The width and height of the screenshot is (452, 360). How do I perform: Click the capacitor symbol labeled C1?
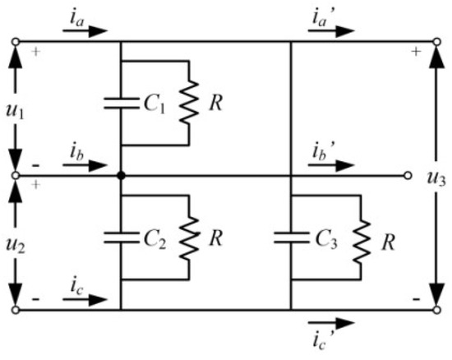pyautogui.click(x=121, y=104)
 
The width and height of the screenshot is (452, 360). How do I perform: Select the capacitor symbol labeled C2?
pyautogui.click(x=121, y=238)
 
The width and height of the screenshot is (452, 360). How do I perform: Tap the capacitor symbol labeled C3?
pyautogui.click(x=291, y=238)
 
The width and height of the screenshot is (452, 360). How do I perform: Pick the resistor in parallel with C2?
pyautogui.click(x=190, y=238)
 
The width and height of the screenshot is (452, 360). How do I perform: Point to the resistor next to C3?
pyautogui.click(x=360, y=238)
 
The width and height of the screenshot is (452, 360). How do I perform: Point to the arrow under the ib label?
pyautogui.click(x=85, y=165)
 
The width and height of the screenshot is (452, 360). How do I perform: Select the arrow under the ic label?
pyautogui.click(x=85, y=301)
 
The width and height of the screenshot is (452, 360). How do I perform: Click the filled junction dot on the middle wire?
pyautogui.click(x=121, y=175)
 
